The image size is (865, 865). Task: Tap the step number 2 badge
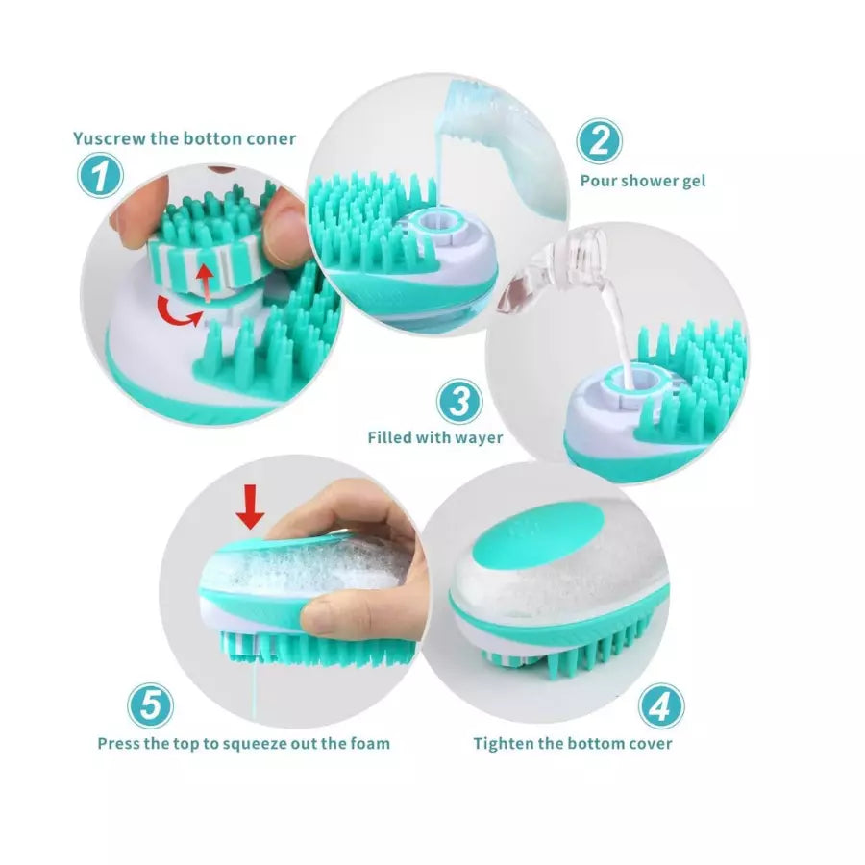(x=599, y=141)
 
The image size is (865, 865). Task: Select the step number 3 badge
(x=461, y=400)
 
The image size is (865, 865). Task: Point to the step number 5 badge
(x=152, y=707)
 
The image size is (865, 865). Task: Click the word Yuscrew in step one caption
(x=109, y=138)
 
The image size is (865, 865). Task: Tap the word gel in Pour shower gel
(x=694, y=181)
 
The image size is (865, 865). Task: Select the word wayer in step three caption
(x=480, y=438)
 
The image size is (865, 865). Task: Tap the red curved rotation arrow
(x=179, y=310)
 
